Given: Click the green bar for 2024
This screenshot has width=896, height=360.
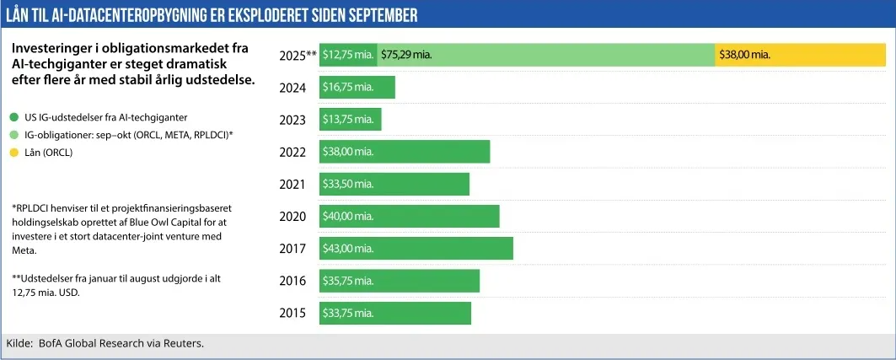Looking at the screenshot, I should pyautogui.click(x=357, y=87).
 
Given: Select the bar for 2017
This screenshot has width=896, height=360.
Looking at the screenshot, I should pyautogui.click(x=416, y=248).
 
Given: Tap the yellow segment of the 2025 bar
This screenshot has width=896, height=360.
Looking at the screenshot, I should pyautogui.click(x=799, y=55).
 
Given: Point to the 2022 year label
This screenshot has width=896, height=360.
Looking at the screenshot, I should pyautogui.click(x=292, y=152).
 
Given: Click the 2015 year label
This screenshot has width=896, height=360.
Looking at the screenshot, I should pyautogui.click(x=292, y=313).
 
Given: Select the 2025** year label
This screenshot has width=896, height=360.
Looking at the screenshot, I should pyautogui.click(x=298, y=55).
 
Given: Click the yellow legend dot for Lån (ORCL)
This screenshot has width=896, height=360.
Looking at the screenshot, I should pyautogui.click(x=13, y=152).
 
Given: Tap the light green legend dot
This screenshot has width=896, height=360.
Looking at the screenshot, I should pyautogui.click(x=13, y=134).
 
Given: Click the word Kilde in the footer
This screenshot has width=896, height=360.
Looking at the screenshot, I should pyautogui.click(x=19, y=343).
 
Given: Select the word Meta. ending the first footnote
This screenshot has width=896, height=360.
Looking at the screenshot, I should pyautogui.click(x=24, y=250).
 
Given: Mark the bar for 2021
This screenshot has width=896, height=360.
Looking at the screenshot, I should pyautogui.click(x=394, y=184).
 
